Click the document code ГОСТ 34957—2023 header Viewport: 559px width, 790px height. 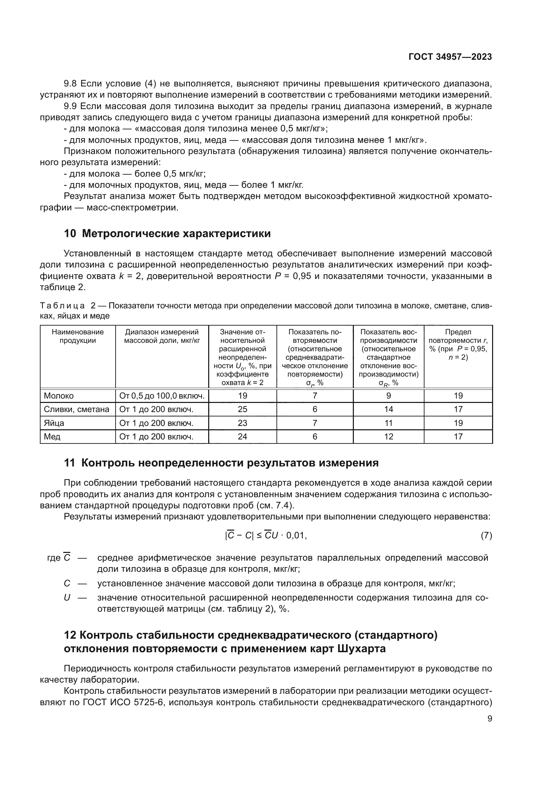tap(450, 57)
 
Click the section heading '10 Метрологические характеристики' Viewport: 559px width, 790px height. tap(167, 233)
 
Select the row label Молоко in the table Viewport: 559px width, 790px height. tap(59, 396)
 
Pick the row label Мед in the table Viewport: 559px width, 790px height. tap(52, 437)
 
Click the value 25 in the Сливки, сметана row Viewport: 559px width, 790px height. tap(242, 409)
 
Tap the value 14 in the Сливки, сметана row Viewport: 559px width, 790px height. tap(388, 409)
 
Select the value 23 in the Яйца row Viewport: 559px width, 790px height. tap(242, 423)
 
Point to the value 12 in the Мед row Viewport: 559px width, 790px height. tap(388, 437)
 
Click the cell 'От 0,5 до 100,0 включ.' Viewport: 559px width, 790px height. tap(162, 396)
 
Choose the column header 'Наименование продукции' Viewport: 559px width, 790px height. tap(78, 336)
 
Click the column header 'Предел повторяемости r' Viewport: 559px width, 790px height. tap(458, 345)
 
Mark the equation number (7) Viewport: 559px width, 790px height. tap(486, 535)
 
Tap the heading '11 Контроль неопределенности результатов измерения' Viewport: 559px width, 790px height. tap(221, 463)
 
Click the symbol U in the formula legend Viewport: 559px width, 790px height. tap(67, 598)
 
